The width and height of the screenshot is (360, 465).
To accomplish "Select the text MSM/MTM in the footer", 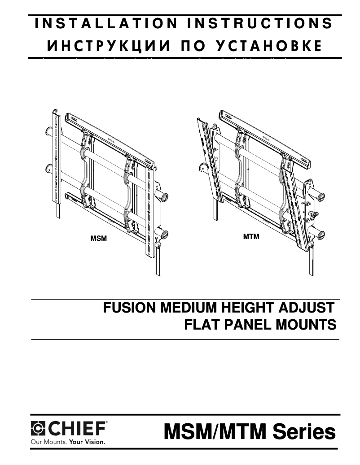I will pos(215,432).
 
